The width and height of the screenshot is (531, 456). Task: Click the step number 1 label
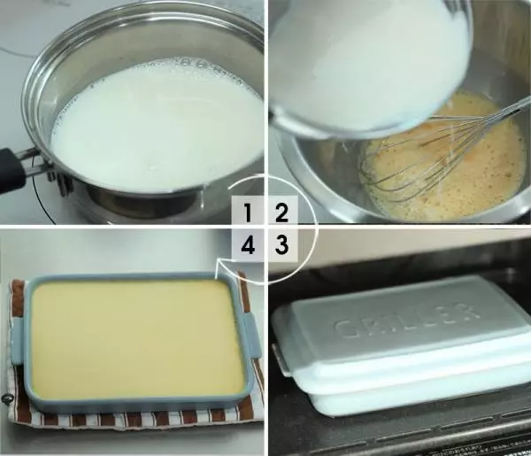[x=248, y=213]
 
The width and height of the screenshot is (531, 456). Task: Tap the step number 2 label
[x=281, y=213]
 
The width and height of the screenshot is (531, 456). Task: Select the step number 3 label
[x=281, y=244]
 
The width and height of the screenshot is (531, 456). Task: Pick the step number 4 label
[x=248, y=245]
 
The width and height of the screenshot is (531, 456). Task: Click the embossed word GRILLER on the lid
[x=407, y=321]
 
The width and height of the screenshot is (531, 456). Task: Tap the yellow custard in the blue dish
[x=137, y=339]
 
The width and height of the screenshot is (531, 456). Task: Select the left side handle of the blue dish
[x=16, y=342]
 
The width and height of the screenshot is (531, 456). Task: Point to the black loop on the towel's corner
[x=4, y=399]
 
